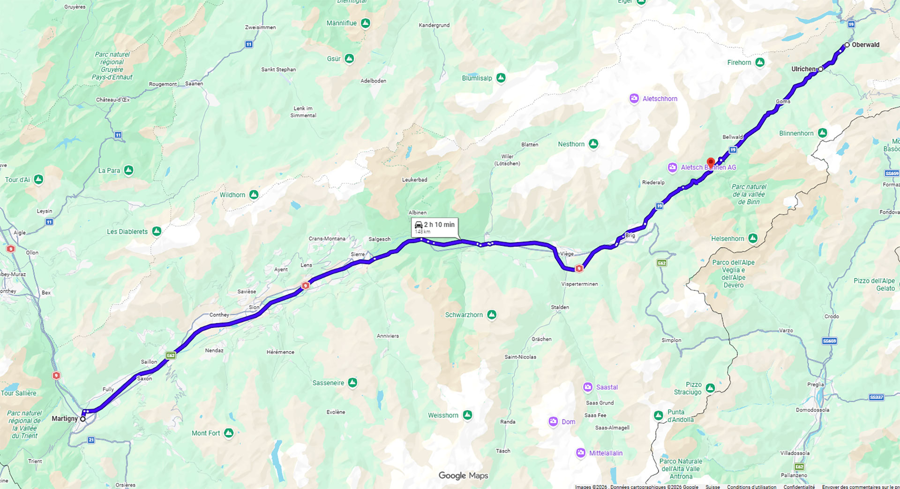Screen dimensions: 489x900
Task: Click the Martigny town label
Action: point(65,419)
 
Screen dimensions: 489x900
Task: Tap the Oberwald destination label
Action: point(865,45)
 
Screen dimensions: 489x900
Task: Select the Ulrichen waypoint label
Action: point(803,69)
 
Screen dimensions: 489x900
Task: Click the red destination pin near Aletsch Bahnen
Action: point(711,162)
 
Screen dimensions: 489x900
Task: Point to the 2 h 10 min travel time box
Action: point(435,227)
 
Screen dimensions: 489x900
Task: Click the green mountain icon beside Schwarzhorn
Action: point(492,314)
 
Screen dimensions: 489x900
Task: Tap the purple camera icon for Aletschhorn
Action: point(634,99)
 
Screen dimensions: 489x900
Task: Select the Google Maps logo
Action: point(463,475)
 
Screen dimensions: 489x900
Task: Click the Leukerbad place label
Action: point(414,180)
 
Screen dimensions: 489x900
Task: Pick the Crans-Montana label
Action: point(327,238)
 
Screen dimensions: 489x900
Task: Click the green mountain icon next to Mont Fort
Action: point(229,433)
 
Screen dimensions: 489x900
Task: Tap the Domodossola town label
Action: point(812,410)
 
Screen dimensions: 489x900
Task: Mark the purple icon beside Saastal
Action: point(588,387)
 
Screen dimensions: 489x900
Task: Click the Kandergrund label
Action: point(434,25)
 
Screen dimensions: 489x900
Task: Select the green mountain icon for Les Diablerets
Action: point(157,231)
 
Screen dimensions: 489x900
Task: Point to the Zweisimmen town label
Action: point(260,27)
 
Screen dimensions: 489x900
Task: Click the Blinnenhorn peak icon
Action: point(823,133)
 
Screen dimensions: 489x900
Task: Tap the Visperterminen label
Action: point(579,284)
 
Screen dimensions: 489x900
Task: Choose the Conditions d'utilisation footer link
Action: point(751,487)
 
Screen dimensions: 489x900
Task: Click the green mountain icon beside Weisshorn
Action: point(467,415)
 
